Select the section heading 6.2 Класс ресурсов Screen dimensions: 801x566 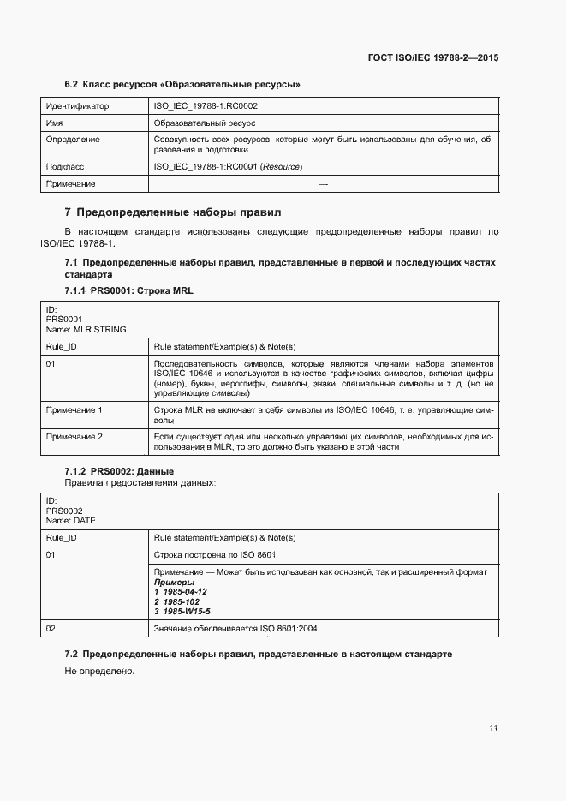182,85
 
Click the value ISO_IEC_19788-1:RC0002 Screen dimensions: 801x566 206,106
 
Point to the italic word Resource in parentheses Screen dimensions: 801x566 281,167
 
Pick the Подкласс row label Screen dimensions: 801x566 65,167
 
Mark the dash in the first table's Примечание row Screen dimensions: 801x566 323,184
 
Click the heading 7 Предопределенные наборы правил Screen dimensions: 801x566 173,212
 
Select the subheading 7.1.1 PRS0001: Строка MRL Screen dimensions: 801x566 129,290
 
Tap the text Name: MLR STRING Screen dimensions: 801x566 86,329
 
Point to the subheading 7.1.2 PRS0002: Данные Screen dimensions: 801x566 120,471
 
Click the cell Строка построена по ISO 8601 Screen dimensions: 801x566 214,554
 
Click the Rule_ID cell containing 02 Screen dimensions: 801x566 51,629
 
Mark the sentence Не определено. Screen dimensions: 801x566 99,672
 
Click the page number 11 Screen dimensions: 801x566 493,728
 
